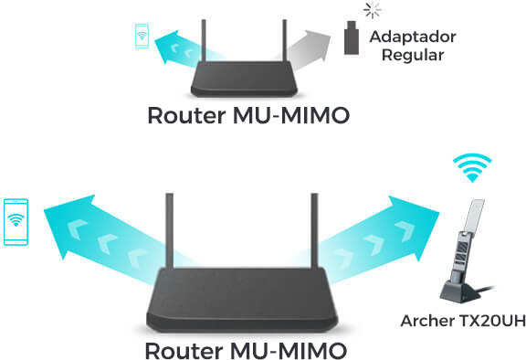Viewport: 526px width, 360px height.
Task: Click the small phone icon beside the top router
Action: pyautogui.click(x=140, y=37)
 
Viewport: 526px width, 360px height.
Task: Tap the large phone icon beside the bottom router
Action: pyautogui.click(x=16, y=219)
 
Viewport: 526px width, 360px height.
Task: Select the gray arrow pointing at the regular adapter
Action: pyautogui.click(x=305, y=48)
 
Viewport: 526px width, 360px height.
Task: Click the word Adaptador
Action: pyautogui.click(x=412, y=37)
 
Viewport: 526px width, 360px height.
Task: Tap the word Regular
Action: pyautogui.click(x=413, y=55)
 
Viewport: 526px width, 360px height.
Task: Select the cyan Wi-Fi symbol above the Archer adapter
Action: pyautogui.click(x=472, y=169)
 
